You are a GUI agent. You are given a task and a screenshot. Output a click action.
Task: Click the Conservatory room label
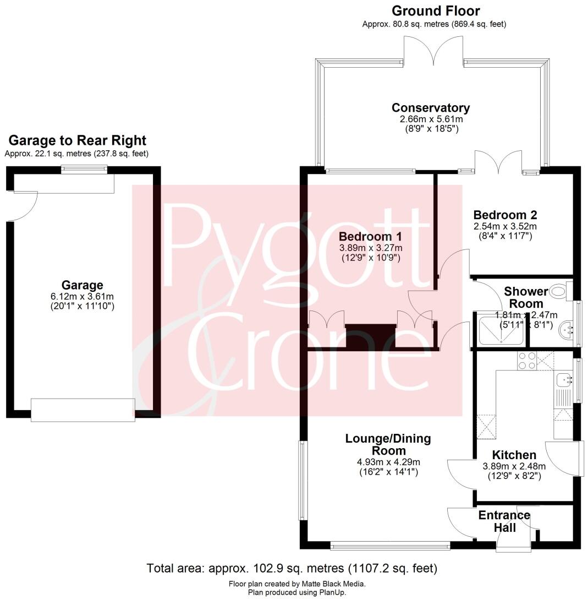(431, 108)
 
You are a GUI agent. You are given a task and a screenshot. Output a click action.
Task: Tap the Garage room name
(82, 285)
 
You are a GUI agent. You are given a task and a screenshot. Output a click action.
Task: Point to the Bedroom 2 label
(505, 215)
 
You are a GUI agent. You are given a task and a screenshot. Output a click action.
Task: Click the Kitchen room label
(514, 455)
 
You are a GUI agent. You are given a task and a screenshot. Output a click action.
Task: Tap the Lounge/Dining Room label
(388, 445)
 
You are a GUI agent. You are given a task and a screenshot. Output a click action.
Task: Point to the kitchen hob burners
(527, 360)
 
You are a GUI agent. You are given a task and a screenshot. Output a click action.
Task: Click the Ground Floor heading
(436, 10)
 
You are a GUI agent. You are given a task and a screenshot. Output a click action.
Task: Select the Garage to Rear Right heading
(77, 140)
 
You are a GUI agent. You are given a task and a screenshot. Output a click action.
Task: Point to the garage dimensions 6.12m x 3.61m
(82, 296)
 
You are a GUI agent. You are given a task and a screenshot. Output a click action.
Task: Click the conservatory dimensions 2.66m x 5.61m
(431, 119)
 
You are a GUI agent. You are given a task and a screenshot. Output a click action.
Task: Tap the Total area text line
(292, 568)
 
